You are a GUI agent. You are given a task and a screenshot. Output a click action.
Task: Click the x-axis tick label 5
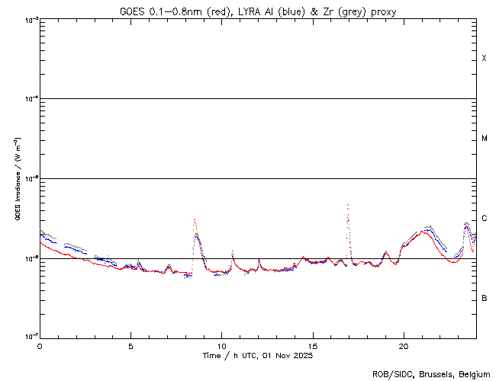pyautogui.click(x=130, y=345)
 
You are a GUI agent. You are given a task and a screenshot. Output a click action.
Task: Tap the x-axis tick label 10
pyautogui.click(x=221, y=345)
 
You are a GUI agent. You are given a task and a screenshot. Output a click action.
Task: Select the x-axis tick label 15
pyautogui.click(x=312, y=345)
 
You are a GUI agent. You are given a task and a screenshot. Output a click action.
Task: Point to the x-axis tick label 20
pyautogui.click(x=403, y=345)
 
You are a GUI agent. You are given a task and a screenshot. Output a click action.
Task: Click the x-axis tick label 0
pyautogui.click(x=40, y=345)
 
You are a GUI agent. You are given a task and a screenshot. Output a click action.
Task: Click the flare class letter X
pyautogui.click(x=485, y=59)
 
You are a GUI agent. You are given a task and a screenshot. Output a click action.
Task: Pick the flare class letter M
pyautogui.click(x=485, y=139)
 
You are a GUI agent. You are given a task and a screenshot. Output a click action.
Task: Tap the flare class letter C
pyautogui.click(x=485, y=219)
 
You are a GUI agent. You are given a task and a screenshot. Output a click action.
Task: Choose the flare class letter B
pyautogui.click(x=485, y=298)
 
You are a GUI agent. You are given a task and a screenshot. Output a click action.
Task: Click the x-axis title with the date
pyautogui.click(x=258, y=355)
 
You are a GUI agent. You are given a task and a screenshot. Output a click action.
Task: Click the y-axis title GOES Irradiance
pyautogui.click(x=17, y=179)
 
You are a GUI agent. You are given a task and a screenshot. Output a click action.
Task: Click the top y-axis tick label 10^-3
pyautogui.click(x=29, y=19)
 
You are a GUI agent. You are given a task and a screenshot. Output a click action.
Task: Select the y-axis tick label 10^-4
pyautogui.click(x=29, y=99)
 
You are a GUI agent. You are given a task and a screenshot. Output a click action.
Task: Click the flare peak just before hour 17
pyautogui.click(x=348, y=205)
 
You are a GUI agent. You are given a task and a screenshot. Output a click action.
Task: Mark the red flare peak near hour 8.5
pyautogui.click(x=195, y=220)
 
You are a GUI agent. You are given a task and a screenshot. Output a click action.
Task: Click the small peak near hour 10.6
pyautogui.click(x=232, y=251)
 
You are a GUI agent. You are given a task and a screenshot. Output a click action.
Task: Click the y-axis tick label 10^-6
pyautogui.click(x=29, y=258)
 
